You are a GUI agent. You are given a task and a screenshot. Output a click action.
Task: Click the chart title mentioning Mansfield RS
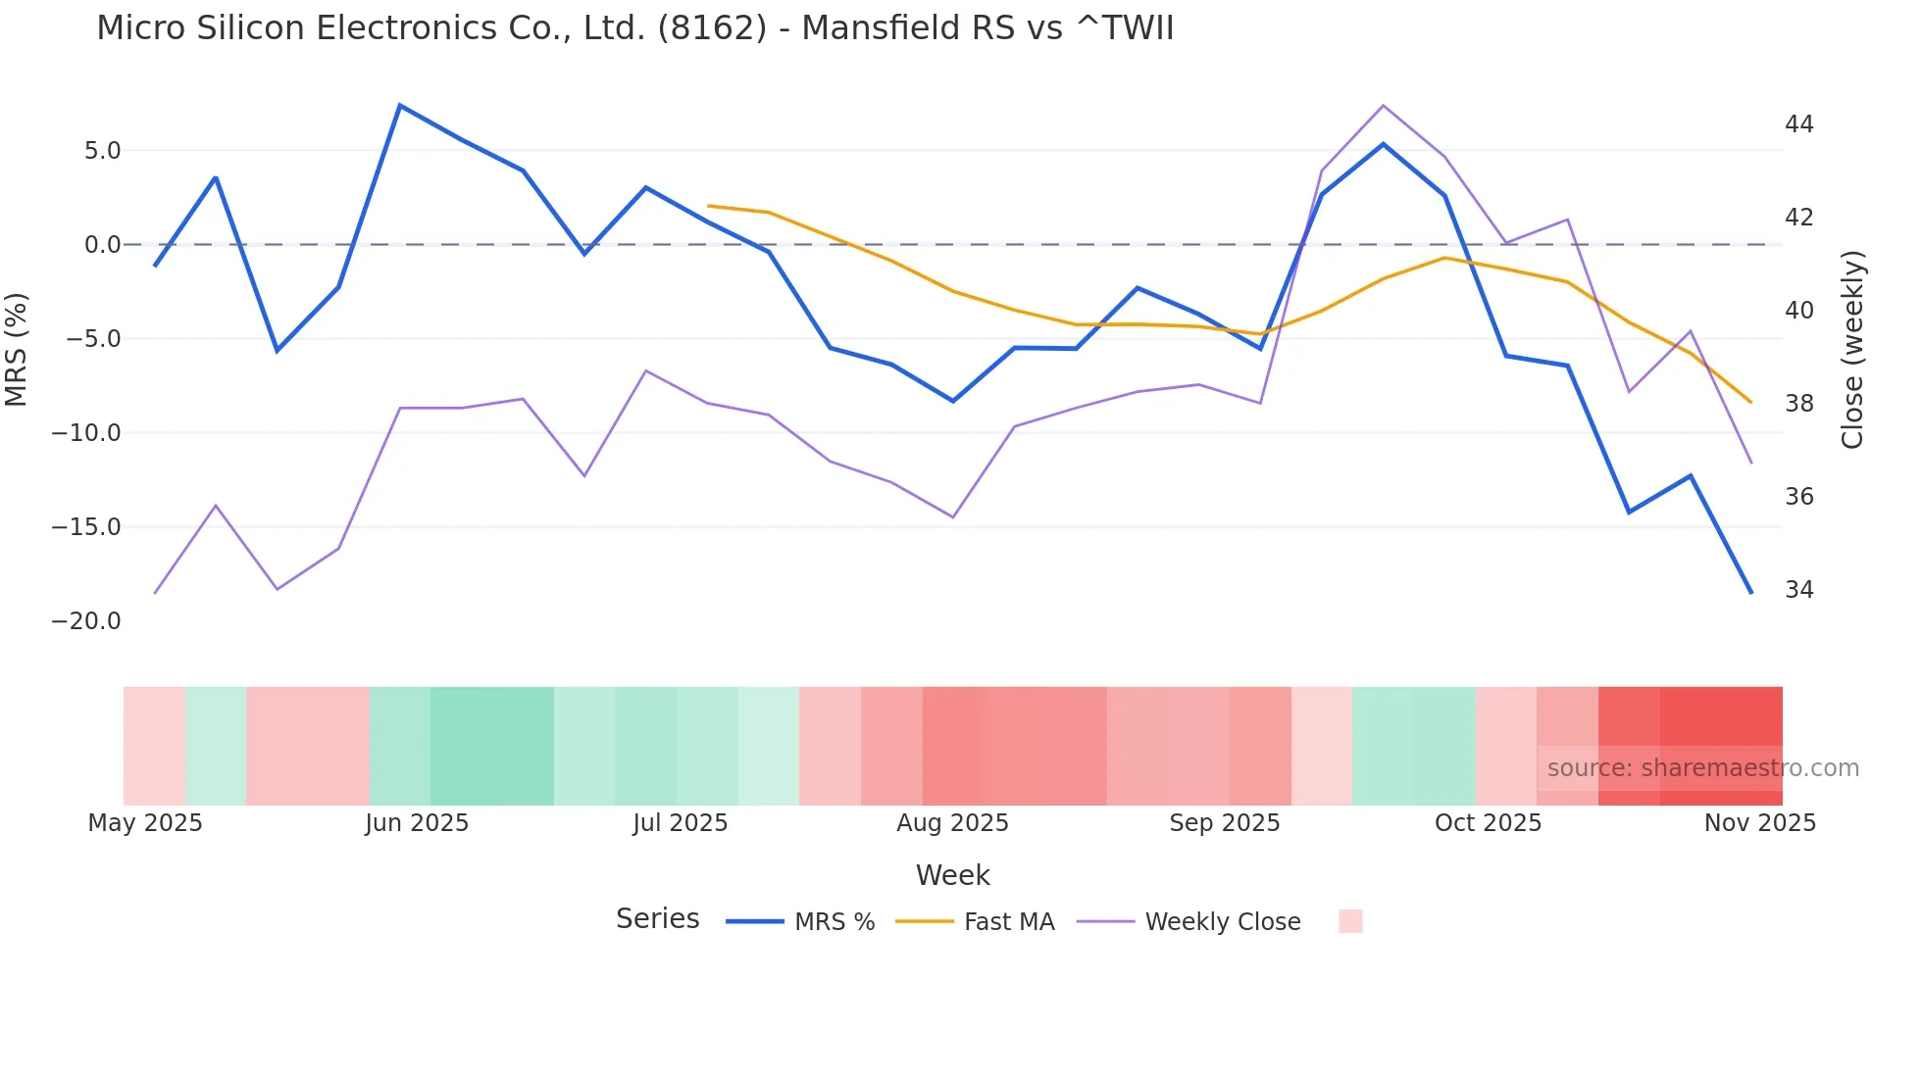(634, 28)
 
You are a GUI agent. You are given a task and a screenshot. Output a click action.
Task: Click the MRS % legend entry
(834, 922)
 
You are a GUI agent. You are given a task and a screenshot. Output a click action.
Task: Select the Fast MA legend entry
(1008, 922)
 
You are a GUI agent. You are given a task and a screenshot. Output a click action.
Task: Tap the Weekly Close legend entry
(1222, 922)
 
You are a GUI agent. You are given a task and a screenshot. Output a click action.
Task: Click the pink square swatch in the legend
(1350, 921)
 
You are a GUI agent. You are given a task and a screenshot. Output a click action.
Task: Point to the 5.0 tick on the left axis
(102, 151)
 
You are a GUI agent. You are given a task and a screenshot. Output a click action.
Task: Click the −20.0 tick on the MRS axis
(86, 621)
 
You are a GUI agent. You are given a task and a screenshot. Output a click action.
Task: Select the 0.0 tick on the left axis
(102, 245)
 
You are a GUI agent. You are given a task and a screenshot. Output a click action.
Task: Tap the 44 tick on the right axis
(1799, 124)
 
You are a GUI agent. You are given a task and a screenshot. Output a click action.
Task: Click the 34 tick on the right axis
(1799, 590)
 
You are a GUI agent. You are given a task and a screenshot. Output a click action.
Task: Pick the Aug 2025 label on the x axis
(952, 823)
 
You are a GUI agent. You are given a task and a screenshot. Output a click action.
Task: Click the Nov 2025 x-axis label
(1759, 823)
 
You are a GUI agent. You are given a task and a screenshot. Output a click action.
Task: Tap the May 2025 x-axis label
(145, 823)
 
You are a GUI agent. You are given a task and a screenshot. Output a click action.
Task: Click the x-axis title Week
(952, 875)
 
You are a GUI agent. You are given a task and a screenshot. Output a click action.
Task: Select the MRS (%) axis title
(17, 350)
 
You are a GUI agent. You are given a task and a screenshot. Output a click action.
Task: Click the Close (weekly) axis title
(1852, 350)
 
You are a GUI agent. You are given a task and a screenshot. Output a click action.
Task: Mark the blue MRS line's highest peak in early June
(400, 105)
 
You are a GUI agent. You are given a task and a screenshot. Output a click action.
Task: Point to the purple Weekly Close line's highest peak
(1383, 106)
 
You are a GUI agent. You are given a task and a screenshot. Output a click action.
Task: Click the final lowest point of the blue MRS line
(1751, 593)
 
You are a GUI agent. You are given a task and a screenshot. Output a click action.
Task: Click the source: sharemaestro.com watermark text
(1702, 768)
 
